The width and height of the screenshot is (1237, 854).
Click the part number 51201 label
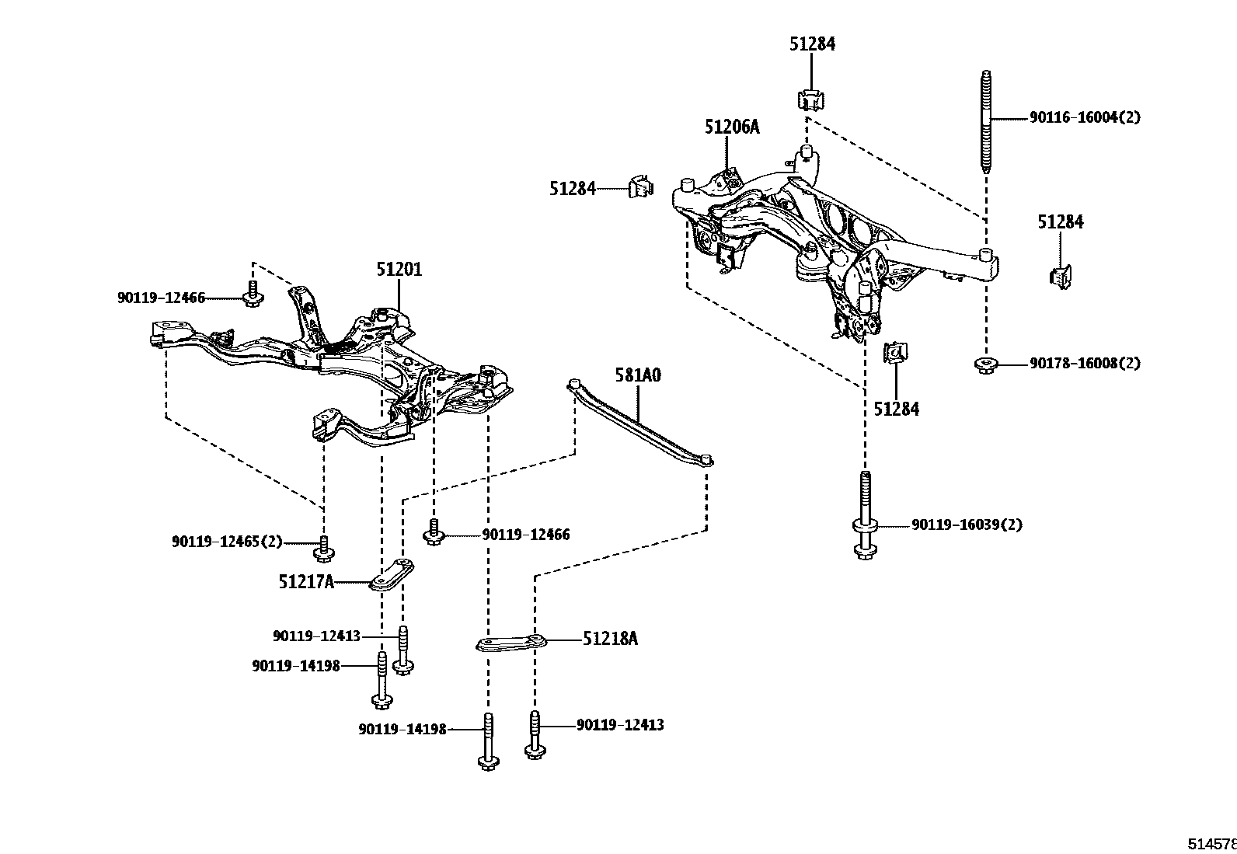399,270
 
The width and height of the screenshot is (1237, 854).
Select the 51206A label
732,127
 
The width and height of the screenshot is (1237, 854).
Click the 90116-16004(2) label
1085,117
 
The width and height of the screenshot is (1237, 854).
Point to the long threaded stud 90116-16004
986,124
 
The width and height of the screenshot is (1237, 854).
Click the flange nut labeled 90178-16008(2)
985,364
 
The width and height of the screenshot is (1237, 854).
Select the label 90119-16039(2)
967,525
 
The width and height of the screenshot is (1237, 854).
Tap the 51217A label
306,581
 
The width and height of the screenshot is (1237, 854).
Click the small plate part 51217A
391,574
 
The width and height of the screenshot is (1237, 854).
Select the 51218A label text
610,639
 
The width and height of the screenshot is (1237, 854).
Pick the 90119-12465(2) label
227,541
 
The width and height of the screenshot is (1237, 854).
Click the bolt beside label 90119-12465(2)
324,547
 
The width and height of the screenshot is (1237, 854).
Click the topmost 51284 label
812,44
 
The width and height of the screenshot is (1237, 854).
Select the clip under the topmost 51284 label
810,99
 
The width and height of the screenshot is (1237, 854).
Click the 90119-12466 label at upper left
162,298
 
